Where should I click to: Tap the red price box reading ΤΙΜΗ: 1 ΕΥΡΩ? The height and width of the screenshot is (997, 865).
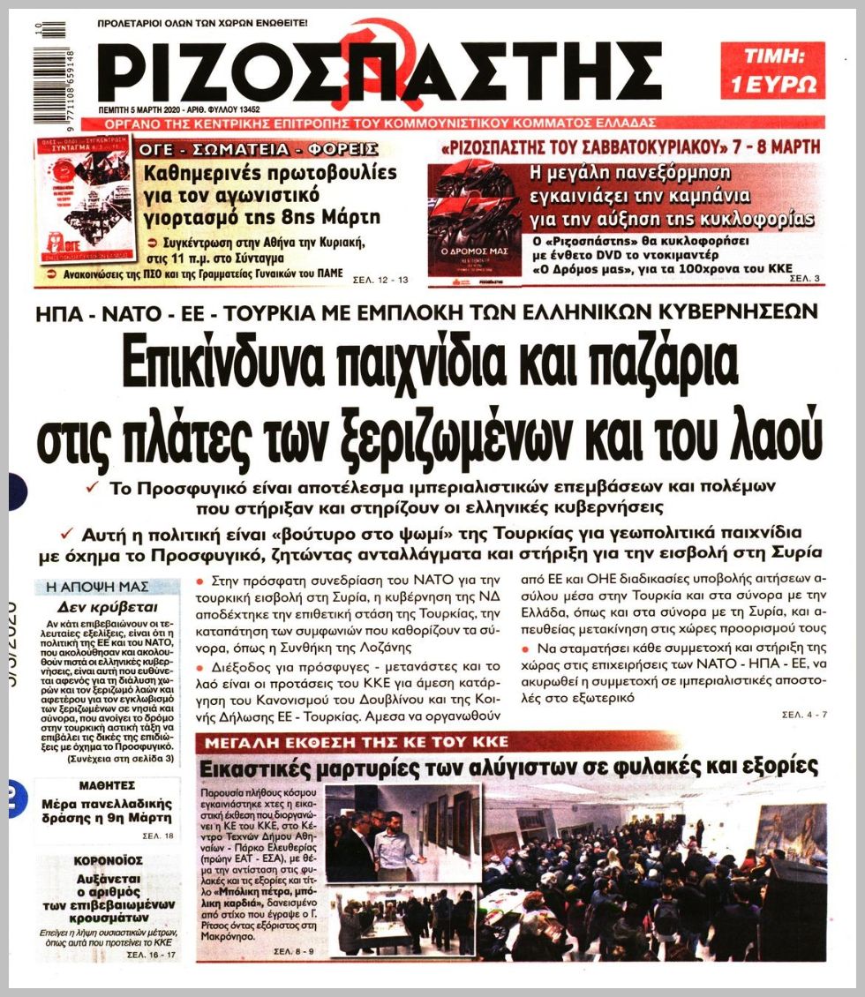(x=771, y=71)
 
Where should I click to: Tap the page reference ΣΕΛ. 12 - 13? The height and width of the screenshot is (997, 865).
(x=381, y=281)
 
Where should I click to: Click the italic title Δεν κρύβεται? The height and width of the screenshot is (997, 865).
(x=109, y=607)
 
